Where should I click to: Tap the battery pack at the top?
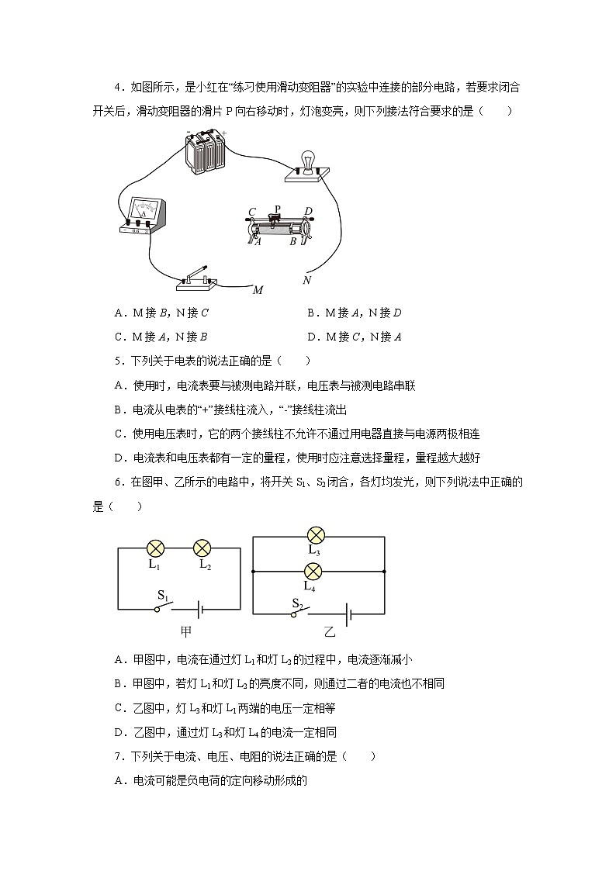[x=205, y=152]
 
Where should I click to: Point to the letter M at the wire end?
[x=258, y=290]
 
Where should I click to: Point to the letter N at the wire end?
[x=307, y=279]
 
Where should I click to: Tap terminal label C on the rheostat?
[x=252, y=212]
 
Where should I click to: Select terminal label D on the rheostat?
[x=308, y=211]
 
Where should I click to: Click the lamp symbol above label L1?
[x=155, y=548]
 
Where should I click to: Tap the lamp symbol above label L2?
[x=202, y=548]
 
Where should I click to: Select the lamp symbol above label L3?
[x=314, y=535]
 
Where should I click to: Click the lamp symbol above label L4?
[x=313, y=572]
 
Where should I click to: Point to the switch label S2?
[x=298, y=602]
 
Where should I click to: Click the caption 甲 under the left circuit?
[x=185, y=631]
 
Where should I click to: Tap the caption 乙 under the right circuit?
[x=329, y=631]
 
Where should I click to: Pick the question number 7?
[x=117, y=755]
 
